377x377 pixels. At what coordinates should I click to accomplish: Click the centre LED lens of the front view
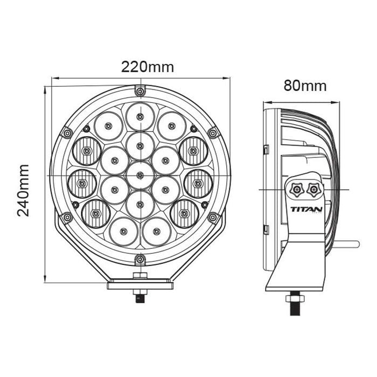(x=140, y=174)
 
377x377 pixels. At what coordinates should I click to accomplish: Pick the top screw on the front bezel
(x=140, y=90)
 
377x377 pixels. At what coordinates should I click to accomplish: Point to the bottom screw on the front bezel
(x=140, y=260)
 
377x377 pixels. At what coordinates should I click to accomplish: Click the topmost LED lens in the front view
(x=140, y=116)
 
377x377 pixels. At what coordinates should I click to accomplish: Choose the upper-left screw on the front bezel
(x=67, y=132)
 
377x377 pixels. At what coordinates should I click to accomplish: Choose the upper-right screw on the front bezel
(x=213, y=132)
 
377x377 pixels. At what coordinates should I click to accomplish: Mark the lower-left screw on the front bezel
(x=67, y=217)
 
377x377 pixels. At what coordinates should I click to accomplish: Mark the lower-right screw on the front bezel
(x=213, y=217)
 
